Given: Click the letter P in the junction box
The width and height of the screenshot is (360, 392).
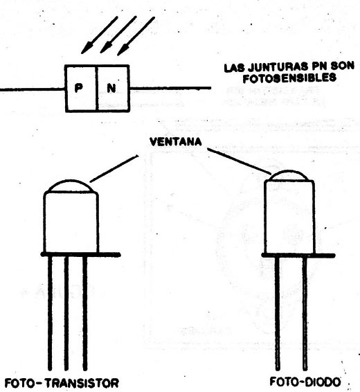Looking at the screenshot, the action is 79,88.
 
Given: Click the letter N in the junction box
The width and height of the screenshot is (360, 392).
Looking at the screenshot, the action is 111,88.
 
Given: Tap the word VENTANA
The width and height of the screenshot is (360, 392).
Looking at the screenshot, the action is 176,142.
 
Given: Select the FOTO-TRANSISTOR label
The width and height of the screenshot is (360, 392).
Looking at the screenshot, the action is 62,383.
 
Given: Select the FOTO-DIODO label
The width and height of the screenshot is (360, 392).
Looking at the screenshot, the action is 305,382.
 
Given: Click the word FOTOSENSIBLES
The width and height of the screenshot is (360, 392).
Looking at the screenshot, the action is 289,78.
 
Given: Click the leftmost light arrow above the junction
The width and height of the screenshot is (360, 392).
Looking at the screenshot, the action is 99,35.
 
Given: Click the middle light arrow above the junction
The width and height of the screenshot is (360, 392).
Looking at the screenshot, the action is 118,35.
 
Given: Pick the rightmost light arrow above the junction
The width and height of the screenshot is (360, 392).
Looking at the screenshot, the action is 136,36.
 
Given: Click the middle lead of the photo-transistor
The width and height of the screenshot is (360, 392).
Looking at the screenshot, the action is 66,313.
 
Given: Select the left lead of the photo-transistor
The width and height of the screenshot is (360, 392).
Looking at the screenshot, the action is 50,313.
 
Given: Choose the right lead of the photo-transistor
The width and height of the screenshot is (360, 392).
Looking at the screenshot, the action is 85,313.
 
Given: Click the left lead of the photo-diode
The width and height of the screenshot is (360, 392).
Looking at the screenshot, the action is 278,314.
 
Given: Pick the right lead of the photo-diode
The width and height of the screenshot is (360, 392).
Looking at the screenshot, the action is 305,314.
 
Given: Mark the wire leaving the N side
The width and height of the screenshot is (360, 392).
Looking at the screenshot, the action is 170,88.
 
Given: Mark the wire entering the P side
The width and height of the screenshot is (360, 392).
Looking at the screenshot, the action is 33,89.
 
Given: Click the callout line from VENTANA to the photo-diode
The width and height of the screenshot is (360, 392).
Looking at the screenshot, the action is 240,161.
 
